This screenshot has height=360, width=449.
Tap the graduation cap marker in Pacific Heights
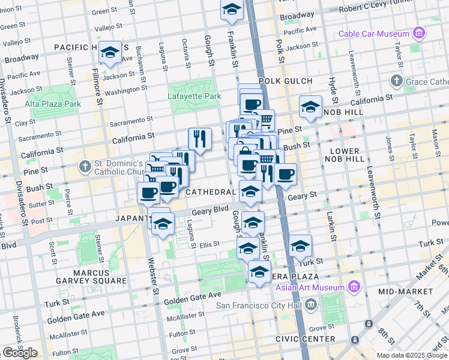110,54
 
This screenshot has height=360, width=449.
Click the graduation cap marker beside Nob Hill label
310,107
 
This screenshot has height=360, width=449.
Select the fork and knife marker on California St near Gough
200,139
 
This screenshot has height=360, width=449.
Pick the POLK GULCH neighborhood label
286,81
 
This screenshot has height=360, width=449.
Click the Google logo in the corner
20,353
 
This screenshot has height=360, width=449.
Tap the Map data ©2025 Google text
411,355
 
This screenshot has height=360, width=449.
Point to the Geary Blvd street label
208,212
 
